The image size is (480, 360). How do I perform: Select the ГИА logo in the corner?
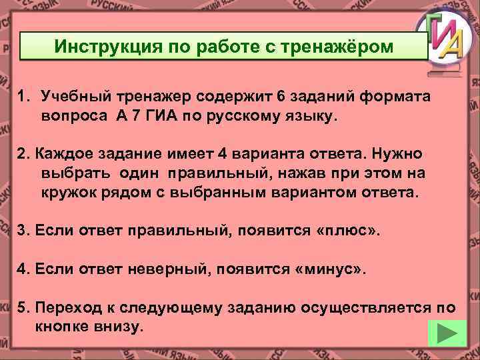point(443,40)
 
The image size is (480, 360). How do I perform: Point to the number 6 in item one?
point(281,96)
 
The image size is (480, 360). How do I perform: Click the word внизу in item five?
point(120,327)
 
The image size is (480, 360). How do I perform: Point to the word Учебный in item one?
point(71,96)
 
